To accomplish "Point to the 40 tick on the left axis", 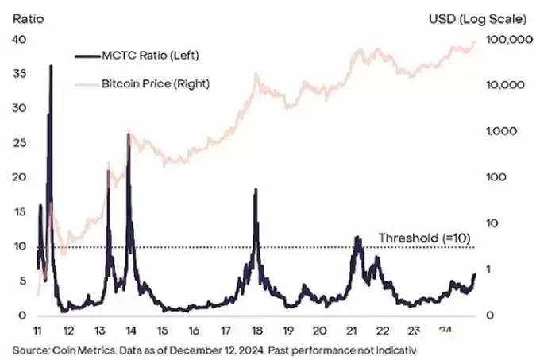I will click(18, 40).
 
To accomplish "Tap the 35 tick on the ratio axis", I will click(18, 74).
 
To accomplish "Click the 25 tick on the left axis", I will click(18, 143).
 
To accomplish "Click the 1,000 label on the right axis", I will click(510, 131).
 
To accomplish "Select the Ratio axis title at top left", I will click(26, 16).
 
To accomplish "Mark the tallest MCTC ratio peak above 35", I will click(51, 66).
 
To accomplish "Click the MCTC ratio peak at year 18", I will click(255, 190).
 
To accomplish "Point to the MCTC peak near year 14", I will click(128, 134).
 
